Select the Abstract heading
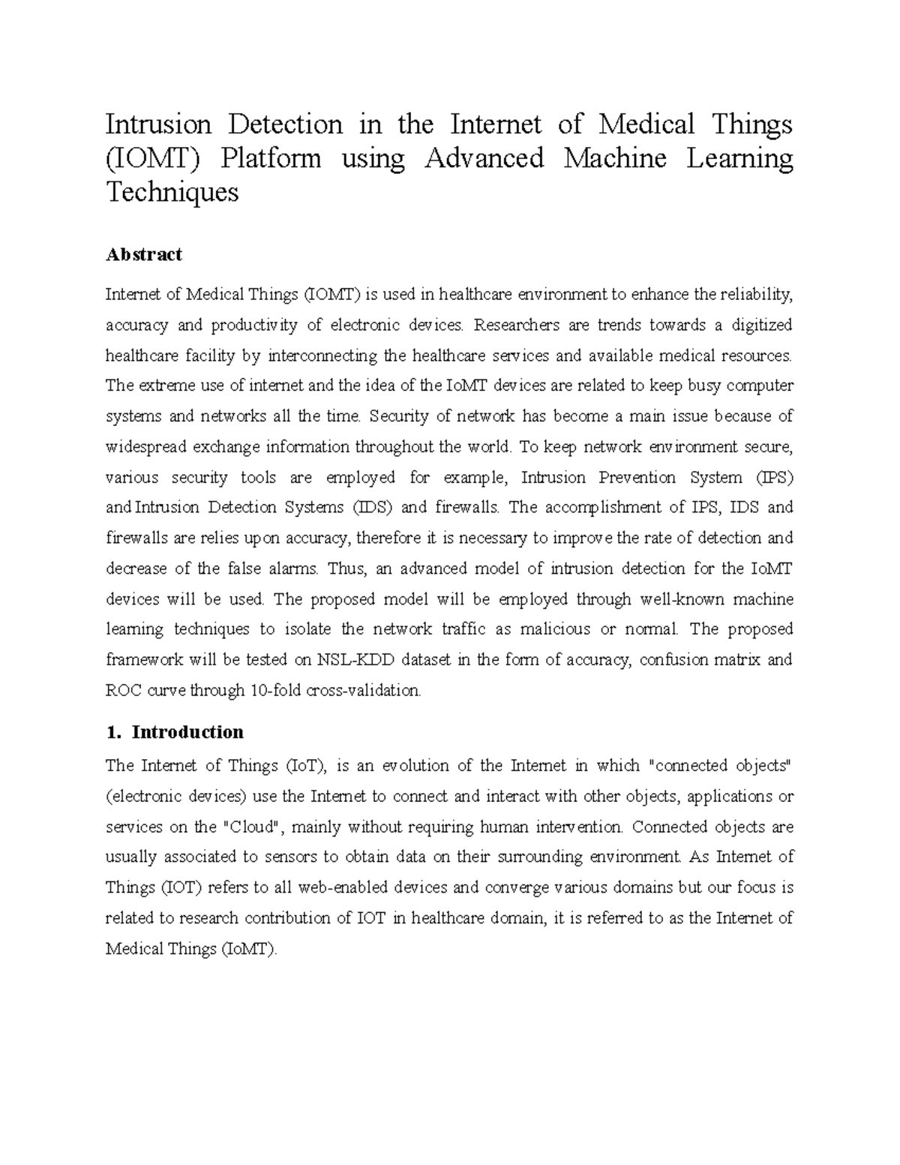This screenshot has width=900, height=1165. pyautogui.click(x=144, y=255)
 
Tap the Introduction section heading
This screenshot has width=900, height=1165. pyautogui.click(x=187, y=732)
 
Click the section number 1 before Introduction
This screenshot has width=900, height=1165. pyautogui.click(x=112, y=732)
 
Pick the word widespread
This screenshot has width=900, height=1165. pyautogui.click(x=145, y=447)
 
